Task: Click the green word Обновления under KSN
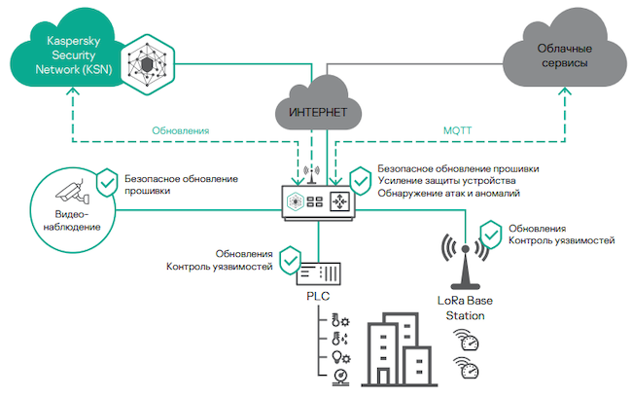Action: [181, 130]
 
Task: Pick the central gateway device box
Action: [318, 202]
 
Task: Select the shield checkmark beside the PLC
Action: [288, 260]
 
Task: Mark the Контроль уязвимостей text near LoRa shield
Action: [561, 239]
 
